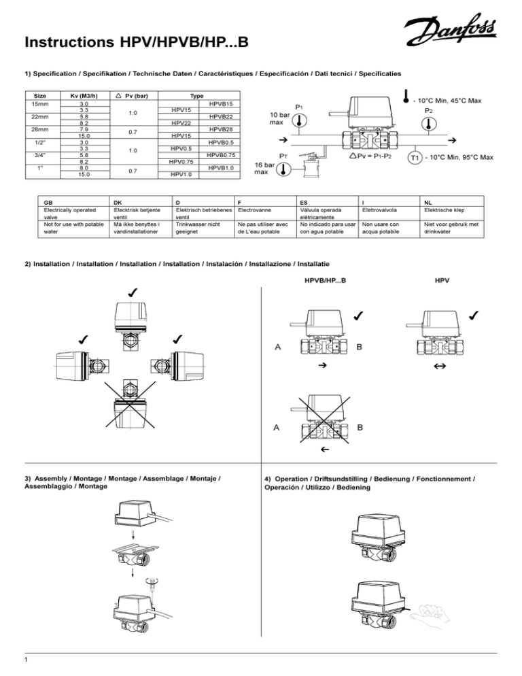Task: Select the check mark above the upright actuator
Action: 130,292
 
